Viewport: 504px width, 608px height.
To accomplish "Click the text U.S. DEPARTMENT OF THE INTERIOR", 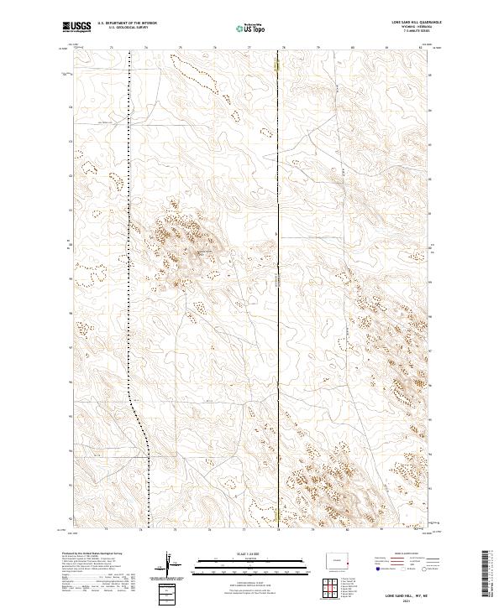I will [123, 23].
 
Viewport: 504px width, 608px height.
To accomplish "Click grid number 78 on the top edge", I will [283, 47].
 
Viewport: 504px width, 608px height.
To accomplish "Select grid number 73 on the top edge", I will [112, 47].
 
